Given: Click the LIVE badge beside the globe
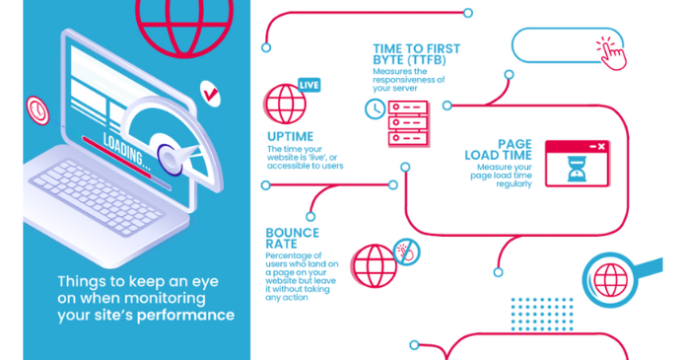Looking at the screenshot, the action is coord(309,85).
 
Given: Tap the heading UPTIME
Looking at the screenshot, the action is coord(291,136).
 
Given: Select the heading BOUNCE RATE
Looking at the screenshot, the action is coord(293,239).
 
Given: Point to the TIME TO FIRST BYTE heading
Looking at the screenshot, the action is coord(417,53).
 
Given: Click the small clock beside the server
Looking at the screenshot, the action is coord(375,108).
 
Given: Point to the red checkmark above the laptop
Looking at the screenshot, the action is coord(209,94).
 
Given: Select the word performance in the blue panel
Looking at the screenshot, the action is coord(186,316).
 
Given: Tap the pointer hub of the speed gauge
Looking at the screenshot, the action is coord(168,155).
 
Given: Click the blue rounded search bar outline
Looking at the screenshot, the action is coord(557,45).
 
